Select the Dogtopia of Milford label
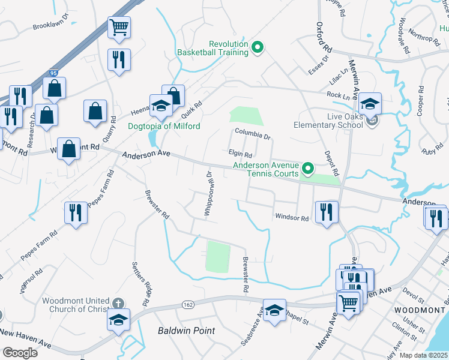164,126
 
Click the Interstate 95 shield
53,73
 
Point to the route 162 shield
188,305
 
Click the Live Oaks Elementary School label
328,121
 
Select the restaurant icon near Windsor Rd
327,211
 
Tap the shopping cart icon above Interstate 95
119,26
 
